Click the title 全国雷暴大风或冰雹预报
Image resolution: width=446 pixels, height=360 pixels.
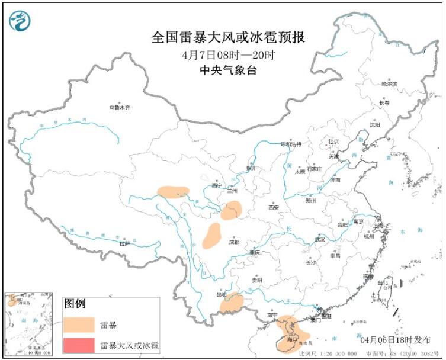point(228,37)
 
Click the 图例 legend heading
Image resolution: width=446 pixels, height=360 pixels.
point(75,304)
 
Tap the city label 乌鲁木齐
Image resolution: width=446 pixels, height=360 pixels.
point(118,108)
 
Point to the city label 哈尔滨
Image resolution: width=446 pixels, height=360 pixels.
point(389,85)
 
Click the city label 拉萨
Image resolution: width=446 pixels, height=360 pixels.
point(124,243)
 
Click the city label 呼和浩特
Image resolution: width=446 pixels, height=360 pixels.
point(291,144)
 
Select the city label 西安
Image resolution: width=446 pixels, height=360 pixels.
point(273,208)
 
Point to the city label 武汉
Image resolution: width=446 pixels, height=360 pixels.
point(320,240)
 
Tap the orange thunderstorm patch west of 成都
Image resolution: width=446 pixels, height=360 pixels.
point(212,236)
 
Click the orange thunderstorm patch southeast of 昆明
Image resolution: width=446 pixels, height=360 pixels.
point(232,303)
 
